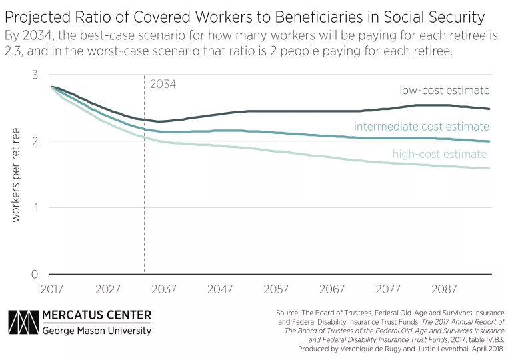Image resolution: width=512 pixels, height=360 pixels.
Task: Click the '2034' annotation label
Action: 163,85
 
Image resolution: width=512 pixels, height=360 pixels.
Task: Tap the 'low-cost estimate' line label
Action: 445,90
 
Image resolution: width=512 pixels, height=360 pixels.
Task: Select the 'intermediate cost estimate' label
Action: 421,126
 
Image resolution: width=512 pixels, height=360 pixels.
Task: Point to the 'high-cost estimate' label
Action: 439,155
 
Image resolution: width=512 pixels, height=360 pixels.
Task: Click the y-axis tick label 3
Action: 35,75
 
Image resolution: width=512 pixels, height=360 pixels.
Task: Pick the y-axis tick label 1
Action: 35,207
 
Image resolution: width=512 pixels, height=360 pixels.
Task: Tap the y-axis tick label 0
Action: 35,274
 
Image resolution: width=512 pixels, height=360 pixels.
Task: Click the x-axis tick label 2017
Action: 52,289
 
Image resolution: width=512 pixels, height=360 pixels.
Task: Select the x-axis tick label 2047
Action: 220,289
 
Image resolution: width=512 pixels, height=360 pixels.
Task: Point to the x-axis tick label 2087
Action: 444,289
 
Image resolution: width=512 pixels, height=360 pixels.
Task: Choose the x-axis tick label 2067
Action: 332,289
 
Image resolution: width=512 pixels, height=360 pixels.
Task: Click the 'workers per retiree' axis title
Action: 16,175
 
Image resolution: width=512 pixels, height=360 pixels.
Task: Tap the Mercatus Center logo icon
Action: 22,322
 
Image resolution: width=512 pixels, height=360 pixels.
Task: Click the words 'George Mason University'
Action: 97,331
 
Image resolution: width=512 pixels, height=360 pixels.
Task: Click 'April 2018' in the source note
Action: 487,348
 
